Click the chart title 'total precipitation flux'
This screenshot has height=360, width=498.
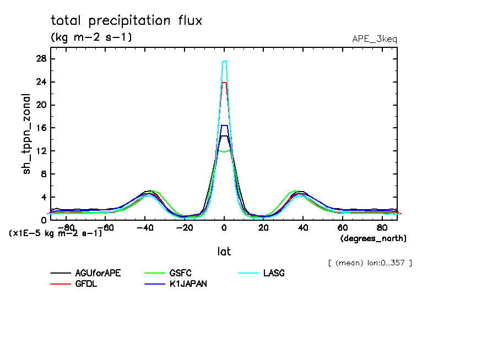pyautogui.click(x=127, y=21)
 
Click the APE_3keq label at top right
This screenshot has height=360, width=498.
pyautogui.click(x=374, y=39)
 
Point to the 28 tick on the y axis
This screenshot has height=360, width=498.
pyautogui.click(x=41, y=59)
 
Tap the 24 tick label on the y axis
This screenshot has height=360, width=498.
pyautogui.click(x=41, y=82)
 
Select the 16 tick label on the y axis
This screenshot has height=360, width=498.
pyautogui.click(x=41, y=128)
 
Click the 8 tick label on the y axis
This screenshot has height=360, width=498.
pyautogui.click(x=43, y=174)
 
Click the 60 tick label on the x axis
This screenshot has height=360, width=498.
pyautogui.click(x=342, y=227)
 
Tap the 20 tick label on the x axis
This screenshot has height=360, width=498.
pyautogui.click(x=264, y=227)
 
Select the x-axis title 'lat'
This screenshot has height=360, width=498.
pyautogui.click(x=224, y=252)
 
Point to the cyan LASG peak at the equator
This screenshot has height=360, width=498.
pyautogui.click(x=224, y=61)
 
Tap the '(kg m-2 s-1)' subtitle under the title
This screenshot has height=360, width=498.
pyautogui.click(x=91, y=37)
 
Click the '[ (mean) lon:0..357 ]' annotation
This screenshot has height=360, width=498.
pyautogui.click(x=370, y=263)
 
